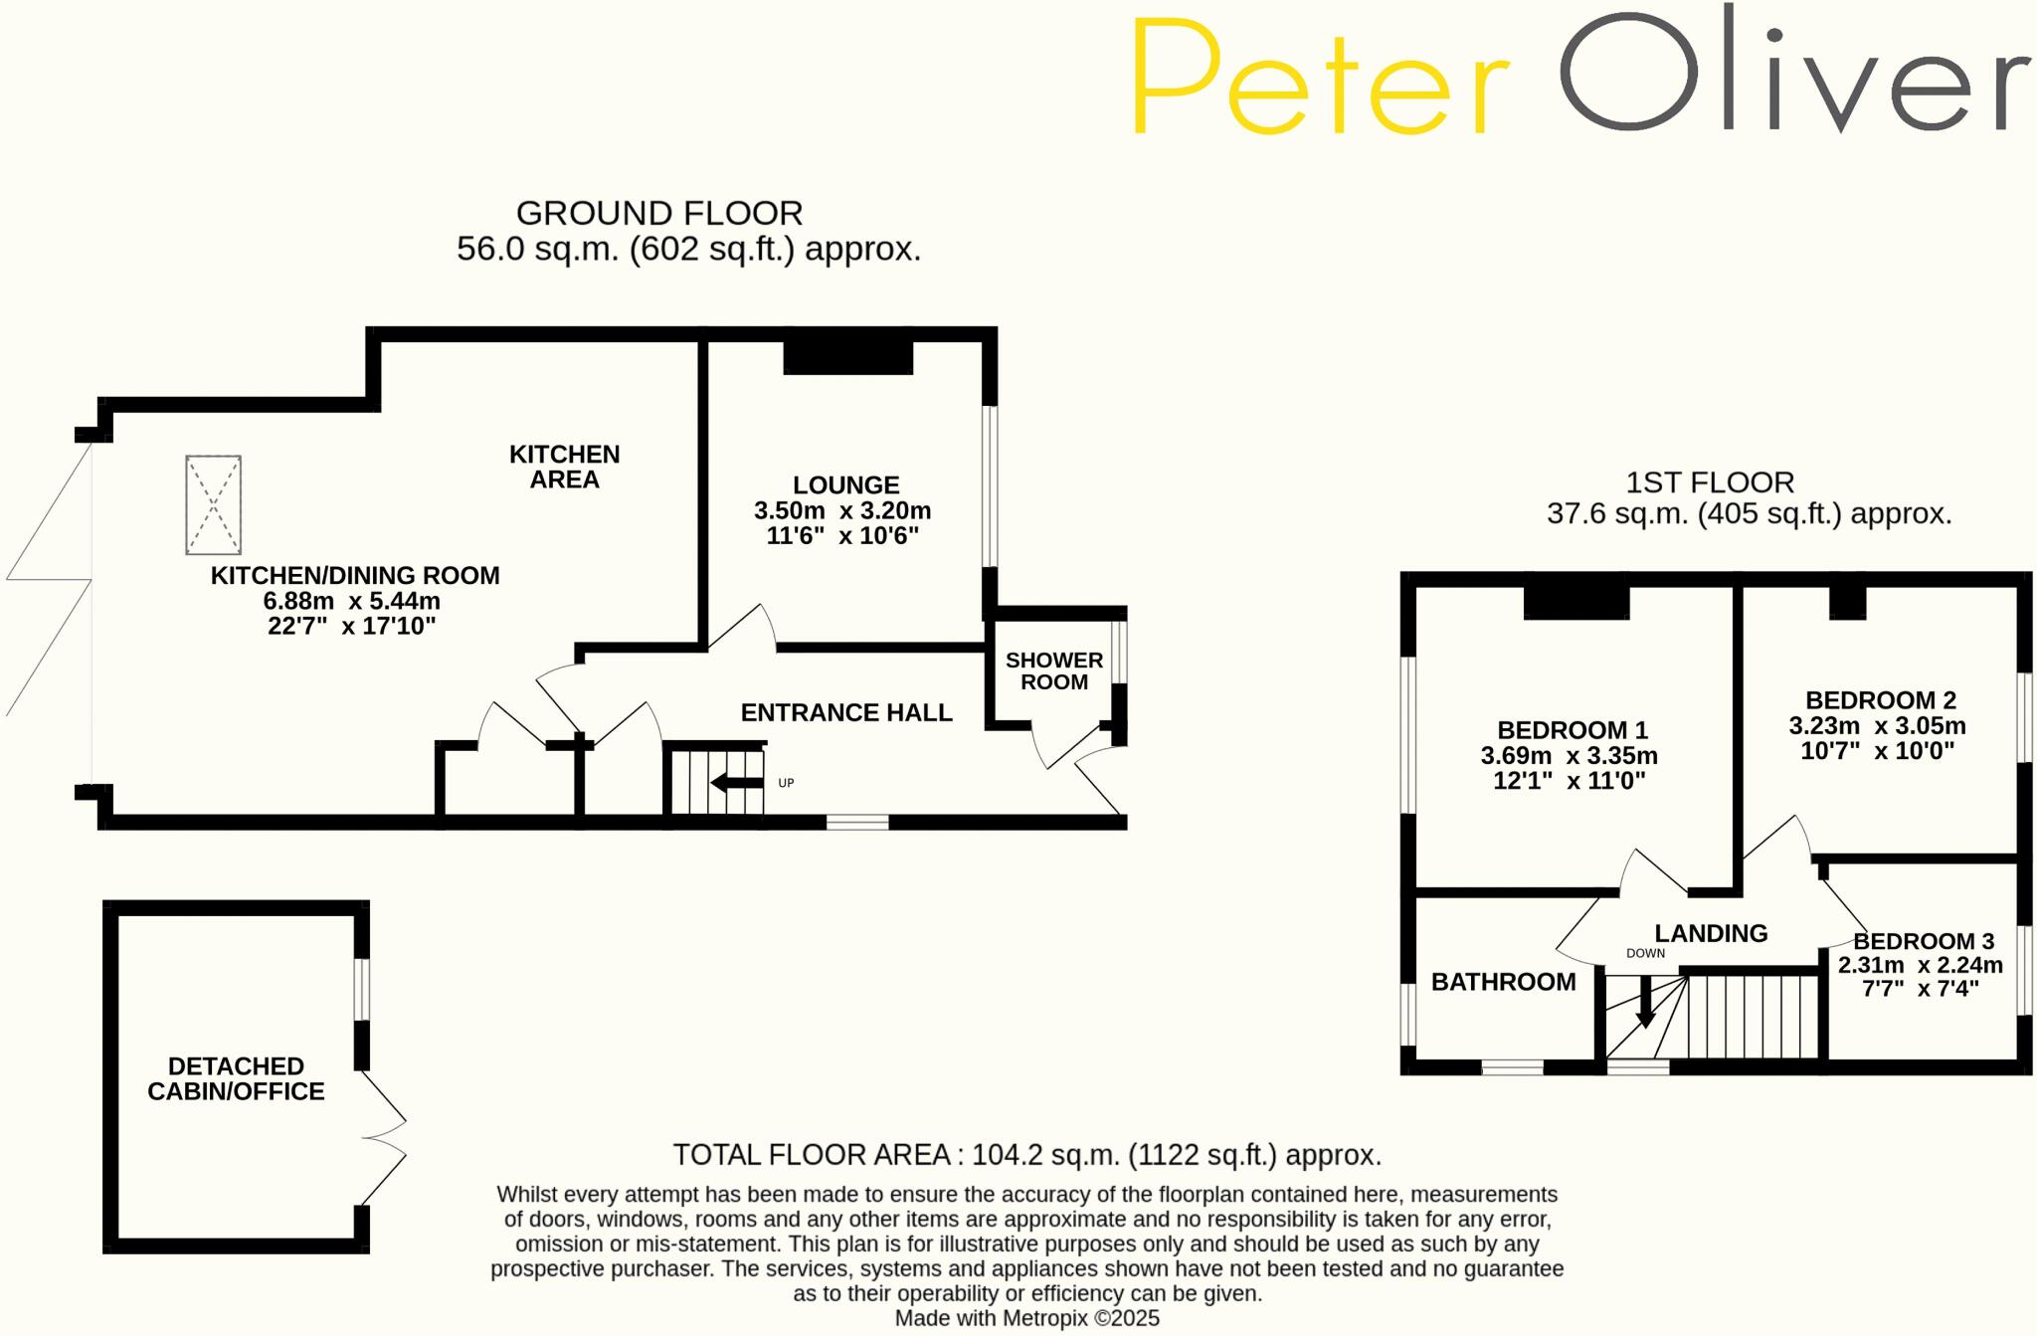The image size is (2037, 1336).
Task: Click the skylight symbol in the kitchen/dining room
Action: (213, 504)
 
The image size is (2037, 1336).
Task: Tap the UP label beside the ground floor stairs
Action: (786, 783)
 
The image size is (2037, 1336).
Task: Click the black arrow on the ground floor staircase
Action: (737, 783)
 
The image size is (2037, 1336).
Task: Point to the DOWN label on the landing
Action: (1645, 953)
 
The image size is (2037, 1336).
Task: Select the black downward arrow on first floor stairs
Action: (1645, 1003)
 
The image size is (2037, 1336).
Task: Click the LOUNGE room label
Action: (845, 485)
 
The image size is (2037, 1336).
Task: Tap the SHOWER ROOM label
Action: (1054, 671)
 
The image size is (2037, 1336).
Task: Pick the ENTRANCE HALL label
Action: (846, 712)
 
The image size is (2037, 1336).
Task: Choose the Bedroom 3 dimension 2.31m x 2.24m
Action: (1920, 965)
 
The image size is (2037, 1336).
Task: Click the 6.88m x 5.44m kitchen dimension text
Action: (351, 601)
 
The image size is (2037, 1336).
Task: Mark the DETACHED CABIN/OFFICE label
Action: (236, 1079)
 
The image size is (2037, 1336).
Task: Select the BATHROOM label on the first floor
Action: (1503, 982)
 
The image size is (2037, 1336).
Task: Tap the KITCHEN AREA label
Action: (564, 467)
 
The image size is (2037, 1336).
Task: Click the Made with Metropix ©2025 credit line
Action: (1026, 1318)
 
